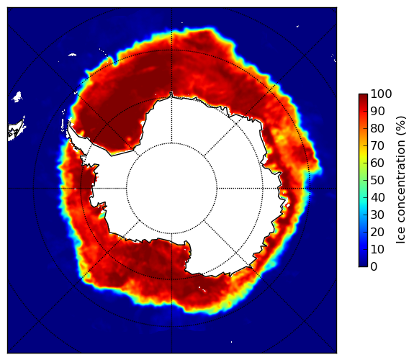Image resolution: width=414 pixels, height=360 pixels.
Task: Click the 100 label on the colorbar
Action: (x=381, y=94)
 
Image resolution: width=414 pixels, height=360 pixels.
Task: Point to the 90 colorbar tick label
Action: (x=377, y=111)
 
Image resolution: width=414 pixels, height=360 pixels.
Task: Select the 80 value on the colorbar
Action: (x=377, y=129)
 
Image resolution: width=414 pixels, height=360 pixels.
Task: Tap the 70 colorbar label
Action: (x=377, y=145)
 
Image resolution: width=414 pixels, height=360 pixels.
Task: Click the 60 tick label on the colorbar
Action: (x=377, y=163)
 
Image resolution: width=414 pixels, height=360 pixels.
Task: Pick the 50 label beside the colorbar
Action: (x=377, y=181)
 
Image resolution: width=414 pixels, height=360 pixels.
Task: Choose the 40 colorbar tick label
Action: (x=377, y=197)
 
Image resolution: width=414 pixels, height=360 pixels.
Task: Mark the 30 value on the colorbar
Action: (x=377, y=215)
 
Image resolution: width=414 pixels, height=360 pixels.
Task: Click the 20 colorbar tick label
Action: (x=377, y=232)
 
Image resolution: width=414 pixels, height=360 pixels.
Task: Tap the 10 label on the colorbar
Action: (x=377, y=249)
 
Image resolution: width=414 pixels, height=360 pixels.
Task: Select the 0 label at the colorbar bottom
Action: (x=374, y=267)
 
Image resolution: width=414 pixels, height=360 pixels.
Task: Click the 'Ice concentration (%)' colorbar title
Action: (x=401, y=180)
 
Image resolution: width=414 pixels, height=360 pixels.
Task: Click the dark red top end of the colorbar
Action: (x=363, y=96)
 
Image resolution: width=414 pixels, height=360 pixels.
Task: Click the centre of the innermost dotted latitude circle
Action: (x=171, y=188)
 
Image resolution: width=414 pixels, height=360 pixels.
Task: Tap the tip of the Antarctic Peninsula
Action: (x=69, y=123)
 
